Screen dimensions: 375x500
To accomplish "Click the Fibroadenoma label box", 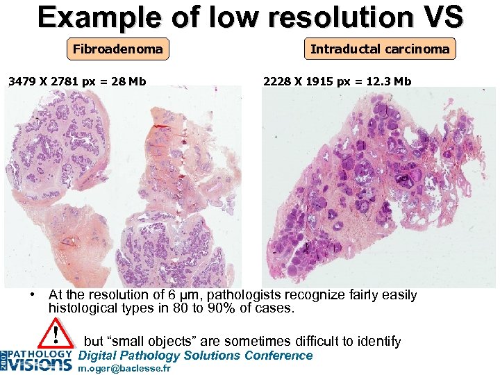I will pos(118,49).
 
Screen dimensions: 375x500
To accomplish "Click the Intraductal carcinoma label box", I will pos(380,49).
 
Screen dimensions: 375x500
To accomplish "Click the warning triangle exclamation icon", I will pos(55,335).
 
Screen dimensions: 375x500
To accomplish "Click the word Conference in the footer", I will pos(278,356).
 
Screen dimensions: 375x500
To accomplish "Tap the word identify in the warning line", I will pos(378,341).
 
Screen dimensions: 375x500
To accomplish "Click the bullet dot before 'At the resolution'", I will pos(33,294).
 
